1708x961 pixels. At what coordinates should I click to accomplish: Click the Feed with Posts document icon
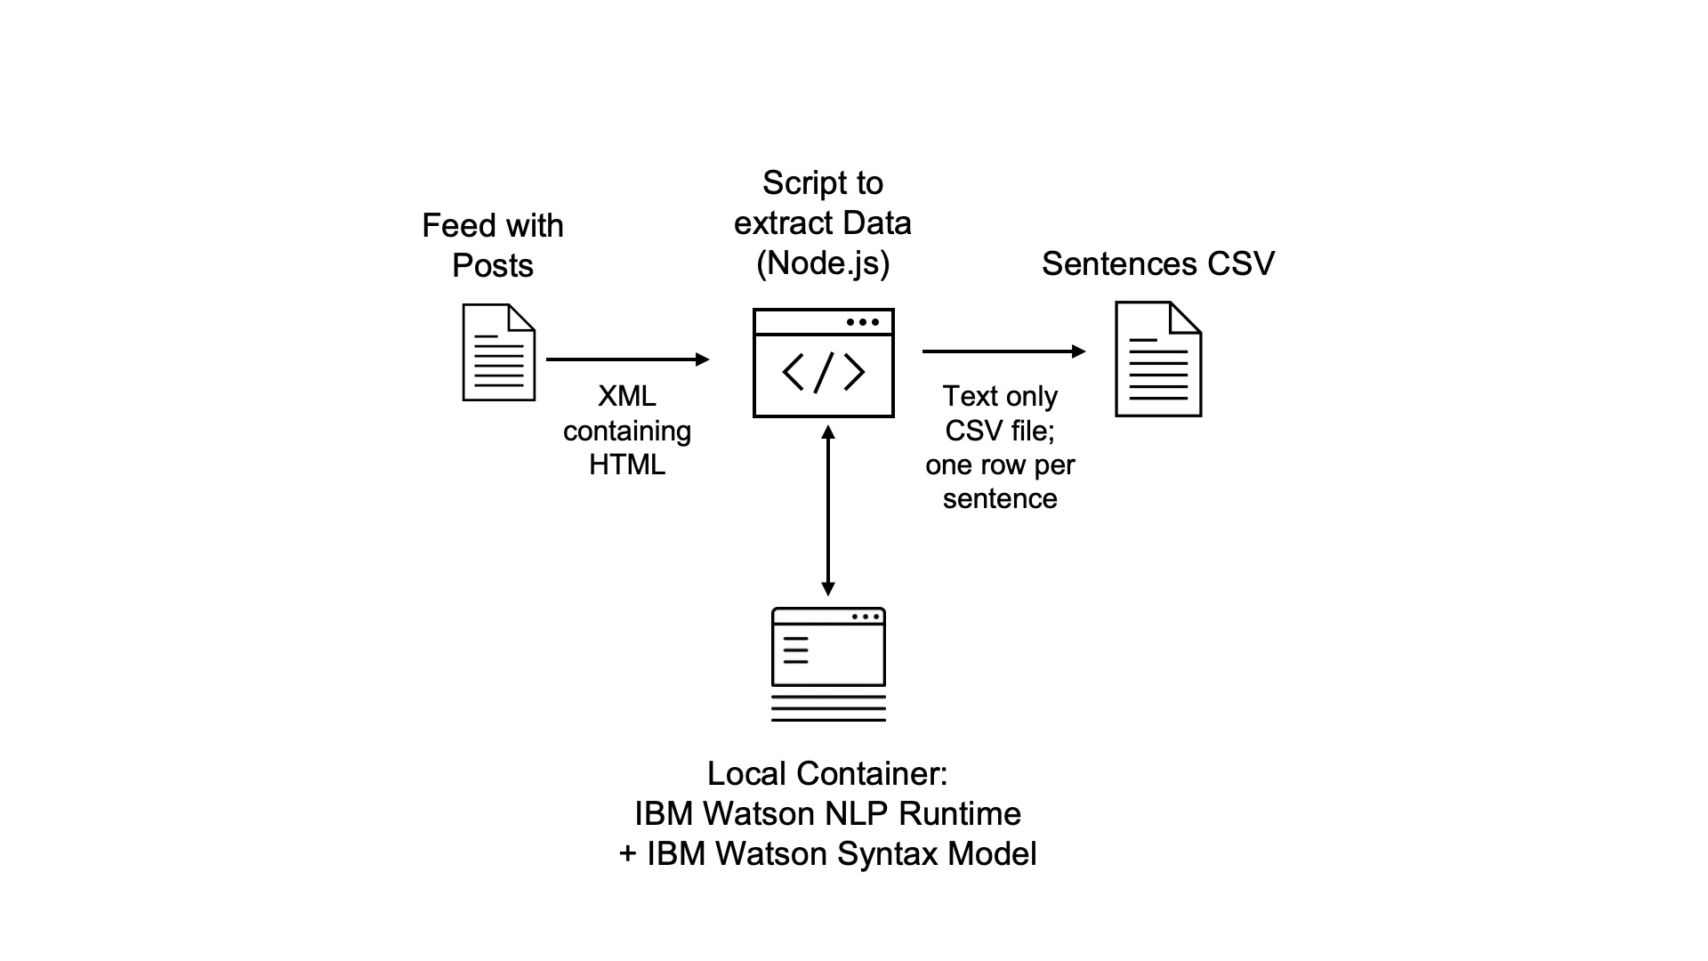click(498, 353)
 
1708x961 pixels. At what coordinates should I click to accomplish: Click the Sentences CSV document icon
click(1158, 359)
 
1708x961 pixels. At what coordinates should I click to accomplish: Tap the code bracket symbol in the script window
click(823, 372)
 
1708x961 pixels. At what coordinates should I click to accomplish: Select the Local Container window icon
click(828, 664)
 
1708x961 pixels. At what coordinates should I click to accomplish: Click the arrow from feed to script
click(627, 359)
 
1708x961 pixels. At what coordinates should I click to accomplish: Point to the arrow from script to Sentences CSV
click(1003, 351)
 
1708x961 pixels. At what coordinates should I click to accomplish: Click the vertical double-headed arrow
click(828, 511)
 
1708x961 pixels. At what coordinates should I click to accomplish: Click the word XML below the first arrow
click(626, 396)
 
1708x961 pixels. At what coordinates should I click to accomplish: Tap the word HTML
click(626, 464)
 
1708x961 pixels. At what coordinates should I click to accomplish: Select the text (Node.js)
click(823, 262)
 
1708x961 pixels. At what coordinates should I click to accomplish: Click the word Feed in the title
click(458, 225)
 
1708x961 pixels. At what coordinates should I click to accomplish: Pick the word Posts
click(492, 265)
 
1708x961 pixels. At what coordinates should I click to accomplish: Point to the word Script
click(795, 183)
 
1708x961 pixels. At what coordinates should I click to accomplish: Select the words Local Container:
click(827, 773)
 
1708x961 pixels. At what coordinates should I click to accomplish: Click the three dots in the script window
click(862, 322)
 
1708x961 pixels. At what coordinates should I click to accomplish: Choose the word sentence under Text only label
click(1000, 498)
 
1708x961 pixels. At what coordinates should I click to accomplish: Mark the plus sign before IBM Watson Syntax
click(628, 854)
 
